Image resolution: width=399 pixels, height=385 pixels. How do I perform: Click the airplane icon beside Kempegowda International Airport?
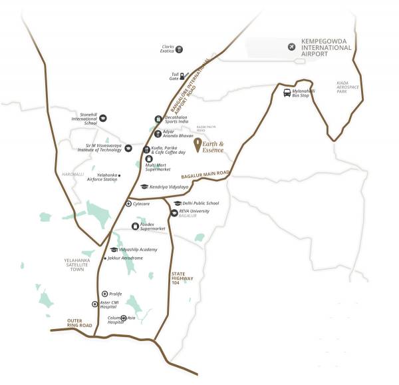coord(291,46)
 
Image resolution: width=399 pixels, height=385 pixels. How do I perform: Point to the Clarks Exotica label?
coord(168,49)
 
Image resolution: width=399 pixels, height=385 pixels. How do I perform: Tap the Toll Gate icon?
coord(182,75)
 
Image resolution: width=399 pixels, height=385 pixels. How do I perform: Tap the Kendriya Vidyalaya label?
coord(170,187)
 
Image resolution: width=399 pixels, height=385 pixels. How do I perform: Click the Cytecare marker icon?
coord(128,203)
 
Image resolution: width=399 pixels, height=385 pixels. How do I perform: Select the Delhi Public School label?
coord(201,203)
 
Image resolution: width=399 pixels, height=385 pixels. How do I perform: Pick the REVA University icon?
coord(174,213)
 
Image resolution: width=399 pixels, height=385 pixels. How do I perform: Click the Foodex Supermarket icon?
coord(136,226)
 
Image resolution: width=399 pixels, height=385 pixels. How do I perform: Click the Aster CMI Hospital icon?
coord(94,304)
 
